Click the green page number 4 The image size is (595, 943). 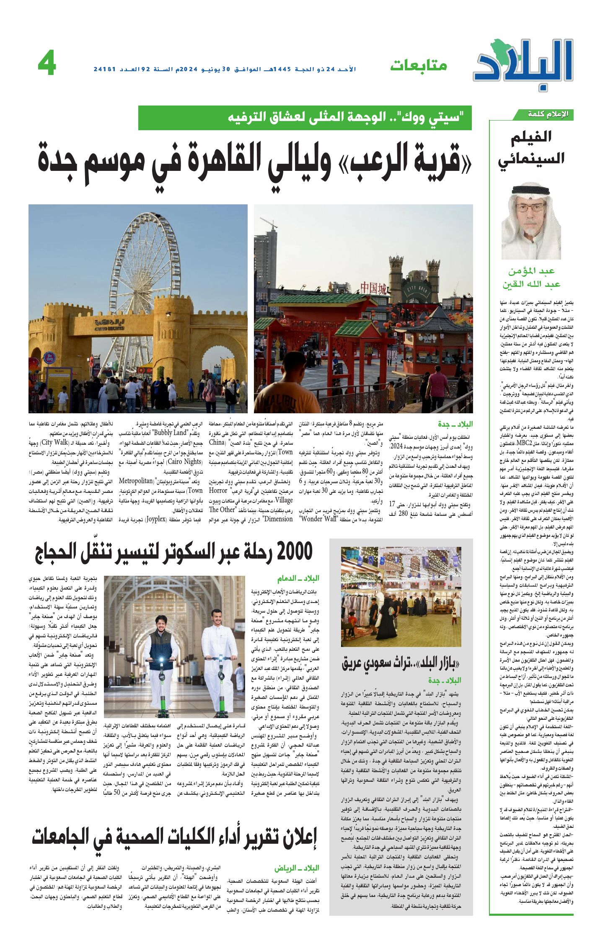point(47,65)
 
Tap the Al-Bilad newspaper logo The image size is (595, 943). point(524,63)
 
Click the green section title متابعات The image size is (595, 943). point(419,65)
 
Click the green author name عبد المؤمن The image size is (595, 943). point(531,271)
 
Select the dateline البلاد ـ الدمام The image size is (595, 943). point(298,578)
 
